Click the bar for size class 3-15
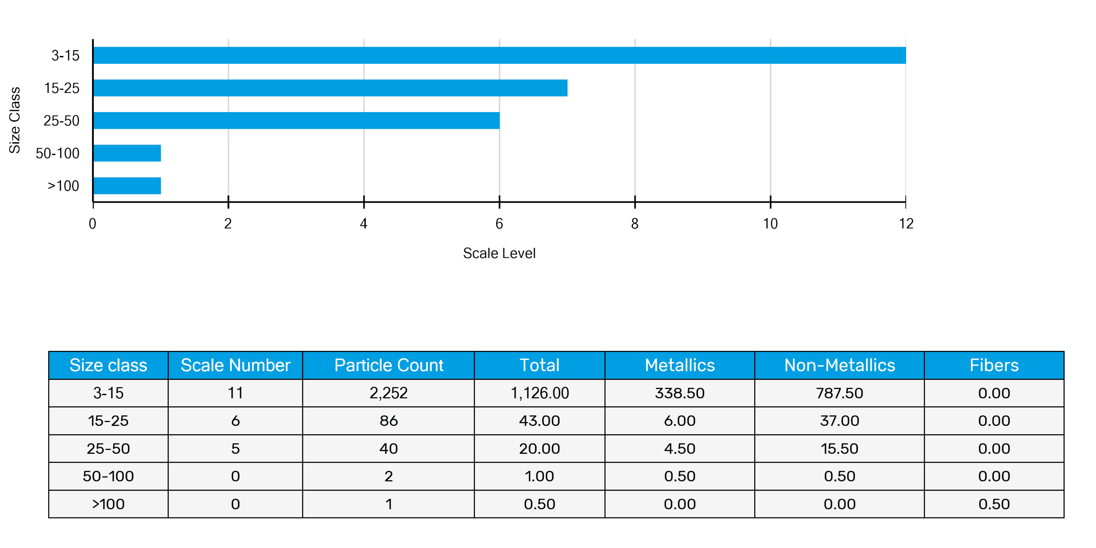pyautogui.click(x=500, y=55)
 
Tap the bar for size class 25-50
pyautogui.click(x=297, y=120)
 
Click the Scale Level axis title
pyautogui.click(x=499, y=253)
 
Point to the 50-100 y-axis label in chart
pyautogui.click(x=57, y=153)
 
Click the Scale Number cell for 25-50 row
pyautogui.click(x=235, y=448)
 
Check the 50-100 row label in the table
pyautogui.click(x=108, y=476)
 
